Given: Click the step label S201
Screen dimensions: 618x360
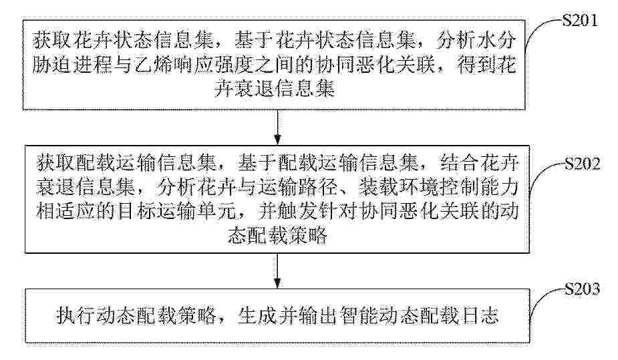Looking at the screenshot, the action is point(579,21).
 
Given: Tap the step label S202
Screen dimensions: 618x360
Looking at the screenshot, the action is point(582,164).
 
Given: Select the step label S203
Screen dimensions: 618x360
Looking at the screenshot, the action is point(582,289).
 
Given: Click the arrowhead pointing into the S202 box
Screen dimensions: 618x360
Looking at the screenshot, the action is point(278,140).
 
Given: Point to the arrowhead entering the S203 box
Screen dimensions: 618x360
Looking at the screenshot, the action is point(278,283).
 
